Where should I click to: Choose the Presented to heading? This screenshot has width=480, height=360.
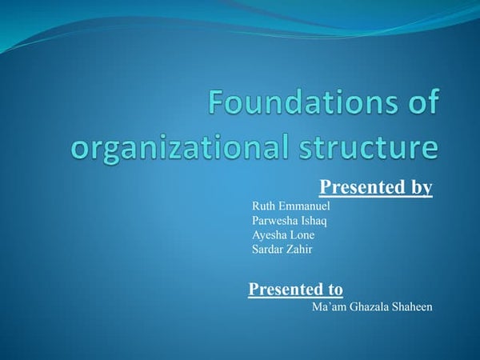coord(296,289)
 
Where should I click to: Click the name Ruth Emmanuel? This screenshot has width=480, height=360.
coord(286,206)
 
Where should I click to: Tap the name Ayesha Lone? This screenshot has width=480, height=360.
coord(283,234)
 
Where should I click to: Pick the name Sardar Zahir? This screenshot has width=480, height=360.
coord(282,249)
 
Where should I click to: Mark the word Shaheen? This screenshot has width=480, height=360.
coord(412,307)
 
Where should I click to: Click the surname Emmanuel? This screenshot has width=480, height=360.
coord(298,206)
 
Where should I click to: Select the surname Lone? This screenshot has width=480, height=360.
coord(302,234)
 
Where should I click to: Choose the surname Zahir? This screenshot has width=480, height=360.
coord(299,249)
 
